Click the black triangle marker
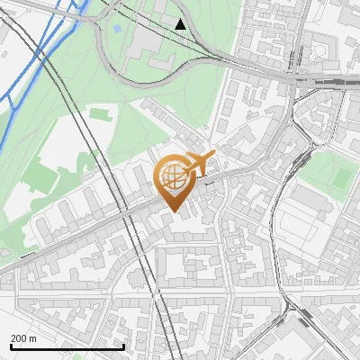pyautogui.click(x=182, y=24)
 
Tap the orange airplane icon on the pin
pyautogui.click(x=200, y=164)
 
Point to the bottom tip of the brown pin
pyautogui.click(x=172, y=212)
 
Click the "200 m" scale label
pyautogui.click(x=24, y=338)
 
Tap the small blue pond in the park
pyautogui.click(x=117, y=30)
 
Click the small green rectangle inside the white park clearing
pyautogui.click(x=98, y=115)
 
